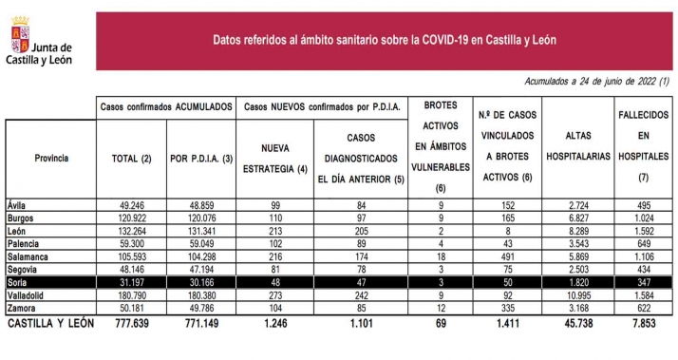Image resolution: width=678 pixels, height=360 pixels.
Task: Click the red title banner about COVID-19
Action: point(385,40)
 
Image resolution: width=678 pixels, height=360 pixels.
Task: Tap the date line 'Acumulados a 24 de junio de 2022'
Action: point(597,82)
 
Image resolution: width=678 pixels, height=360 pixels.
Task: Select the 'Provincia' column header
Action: point(50,158)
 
